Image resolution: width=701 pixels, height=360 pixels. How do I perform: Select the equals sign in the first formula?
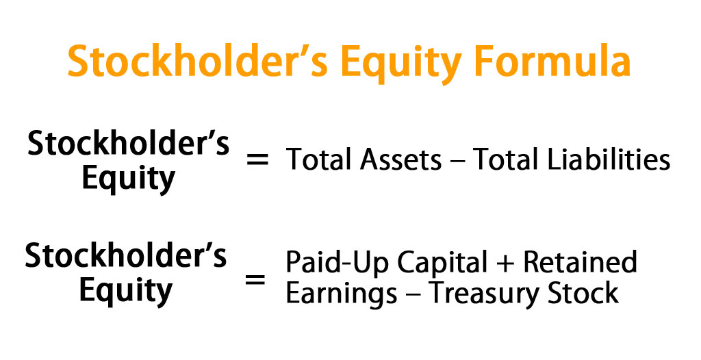(258, 161)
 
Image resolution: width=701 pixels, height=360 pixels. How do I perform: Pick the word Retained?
(581, 263)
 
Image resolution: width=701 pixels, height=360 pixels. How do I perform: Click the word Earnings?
(341, 294)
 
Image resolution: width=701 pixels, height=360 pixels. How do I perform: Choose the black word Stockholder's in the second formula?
(126, 257)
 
